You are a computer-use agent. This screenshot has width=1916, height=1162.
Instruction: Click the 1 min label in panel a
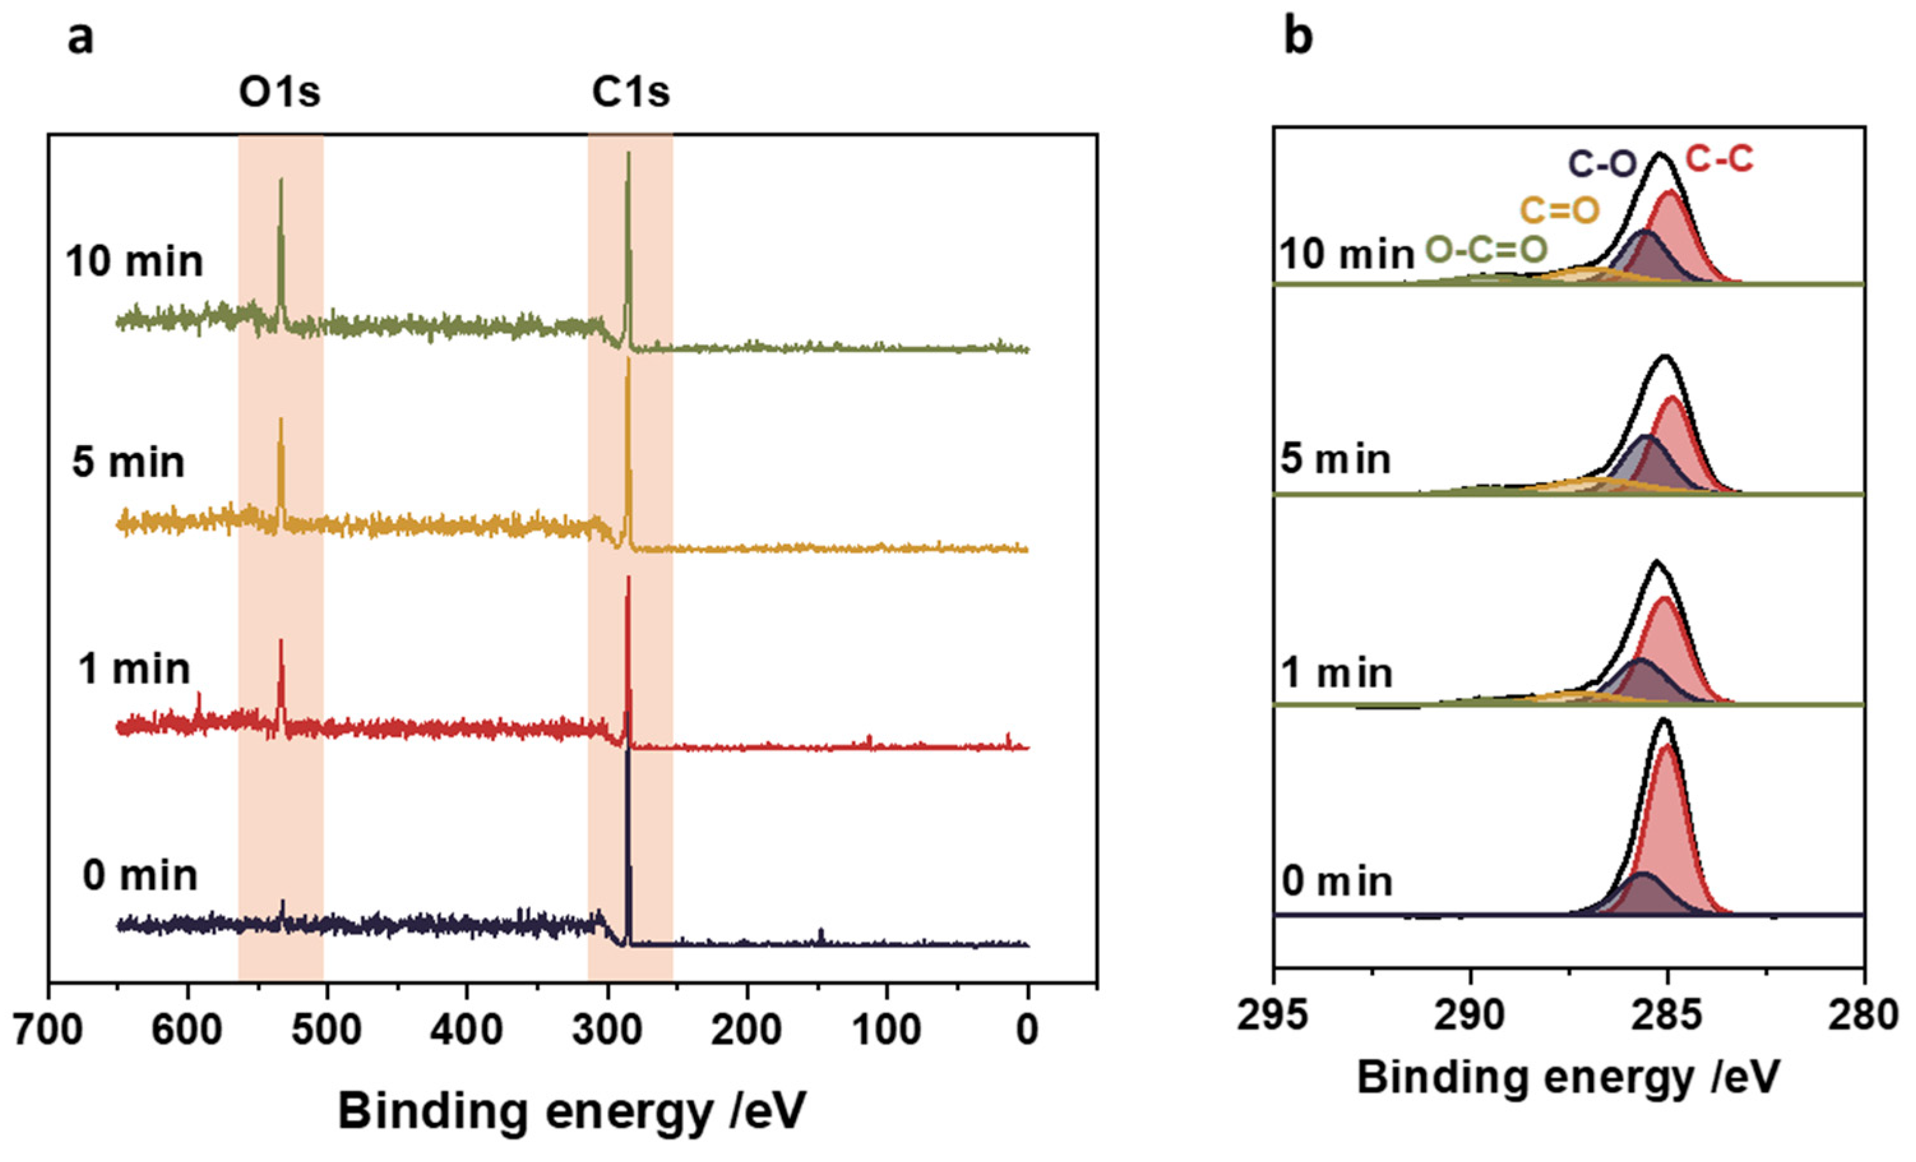coord(134,669)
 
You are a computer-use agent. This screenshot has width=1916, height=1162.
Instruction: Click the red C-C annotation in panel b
coord(1720,160)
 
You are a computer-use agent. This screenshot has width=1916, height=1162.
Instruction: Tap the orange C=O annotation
coord(1560,210)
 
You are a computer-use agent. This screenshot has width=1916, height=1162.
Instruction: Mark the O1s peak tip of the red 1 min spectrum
coord(281,641)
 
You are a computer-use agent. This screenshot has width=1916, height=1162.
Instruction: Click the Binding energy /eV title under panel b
coord(1568,1078)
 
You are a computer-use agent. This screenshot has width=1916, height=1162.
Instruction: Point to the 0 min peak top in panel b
coord(1664,719)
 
